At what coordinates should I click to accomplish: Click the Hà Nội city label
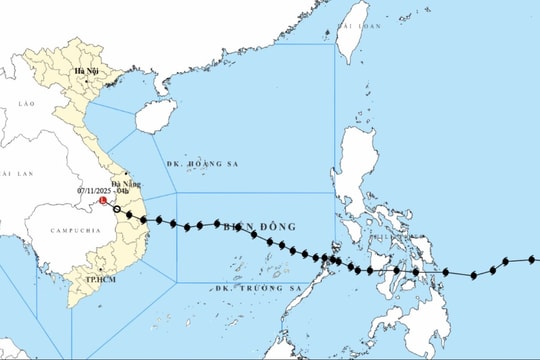[x=85, y=73]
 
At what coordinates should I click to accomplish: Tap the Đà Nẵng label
[x=125, y=184]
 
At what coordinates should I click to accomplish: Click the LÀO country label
[x=25, y=104]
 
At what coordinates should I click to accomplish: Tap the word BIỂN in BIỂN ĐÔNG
[x=236, y=226]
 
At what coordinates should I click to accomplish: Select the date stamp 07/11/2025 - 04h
[x=104, y=191]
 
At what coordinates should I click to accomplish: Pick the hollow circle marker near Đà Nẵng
[x=117, y=208]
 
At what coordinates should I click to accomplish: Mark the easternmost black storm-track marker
[x=535, y=258]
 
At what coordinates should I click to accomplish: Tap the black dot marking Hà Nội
[x=87, y=63]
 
